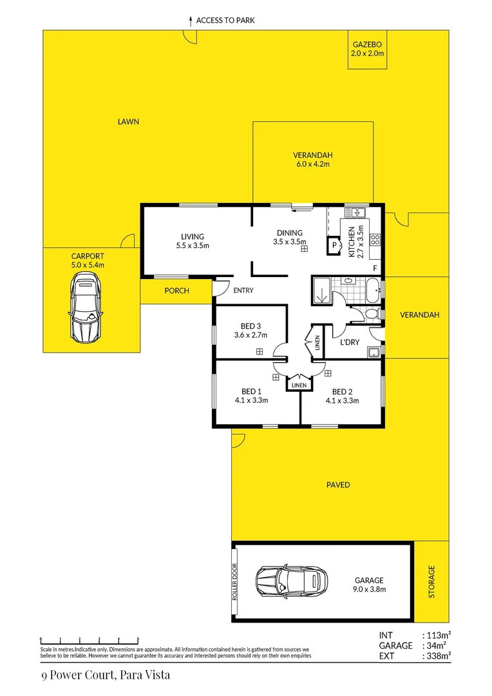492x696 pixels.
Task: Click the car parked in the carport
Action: [x=86, y=307]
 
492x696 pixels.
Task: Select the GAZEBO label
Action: [x=368, y=44]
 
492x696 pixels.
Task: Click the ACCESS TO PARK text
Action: [x=225, y=21]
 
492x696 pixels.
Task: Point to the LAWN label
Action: [x=128, y=122]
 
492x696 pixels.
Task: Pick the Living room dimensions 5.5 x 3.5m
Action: [x=193, y=246]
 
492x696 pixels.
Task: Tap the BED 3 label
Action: [x=251, y=326]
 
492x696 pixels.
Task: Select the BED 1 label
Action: [x=251, y=392]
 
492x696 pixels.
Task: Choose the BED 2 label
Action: [x=342, y=392]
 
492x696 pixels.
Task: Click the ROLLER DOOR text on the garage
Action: [x=236, y=581]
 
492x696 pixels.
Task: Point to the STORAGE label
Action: [x=431, y=581]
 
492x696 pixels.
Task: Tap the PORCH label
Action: [x=176, y=291]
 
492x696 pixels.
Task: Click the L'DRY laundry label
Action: [x=350, y=342]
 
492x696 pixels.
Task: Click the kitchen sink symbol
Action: [x=355, y=213]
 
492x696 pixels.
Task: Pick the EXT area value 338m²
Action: [x=436, y=657]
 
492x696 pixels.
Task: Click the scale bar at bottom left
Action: [x=90, y=639]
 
